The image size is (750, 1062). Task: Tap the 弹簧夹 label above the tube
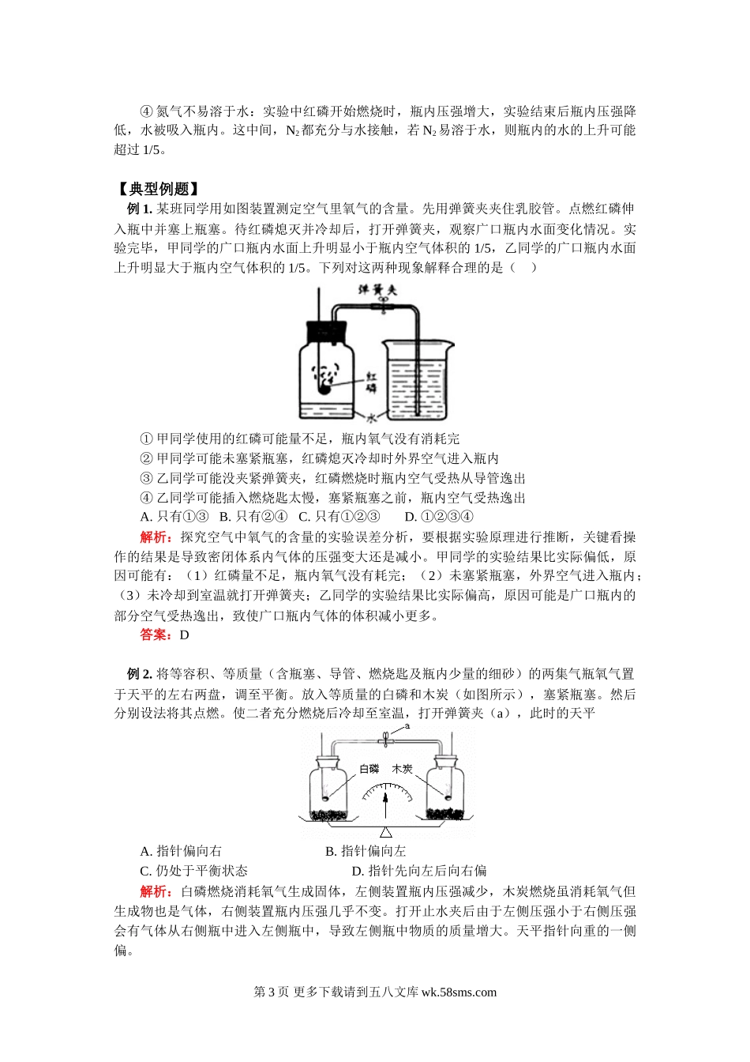coord(377,289)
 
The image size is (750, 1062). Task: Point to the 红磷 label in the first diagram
coord(371,382)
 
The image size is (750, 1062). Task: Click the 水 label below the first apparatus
coord(373,418)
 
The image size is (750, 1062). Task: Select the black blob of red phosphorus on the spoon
coord(323,390)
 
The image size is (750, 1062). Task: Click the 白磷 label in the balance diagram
coord(369,769)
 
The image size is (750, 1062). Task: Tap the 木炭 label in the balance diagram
coord(402,769)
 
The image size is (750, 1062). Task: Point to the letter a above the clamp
coord(407,726)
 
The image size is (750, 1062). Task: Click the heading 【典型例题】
coord(157,189)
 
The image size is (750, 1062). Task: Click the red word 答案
coord(156,635)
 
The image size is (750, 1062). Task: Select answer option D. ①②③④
coord(439,516)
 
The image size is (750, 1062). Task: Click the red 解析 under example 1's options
coord(156,537)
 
